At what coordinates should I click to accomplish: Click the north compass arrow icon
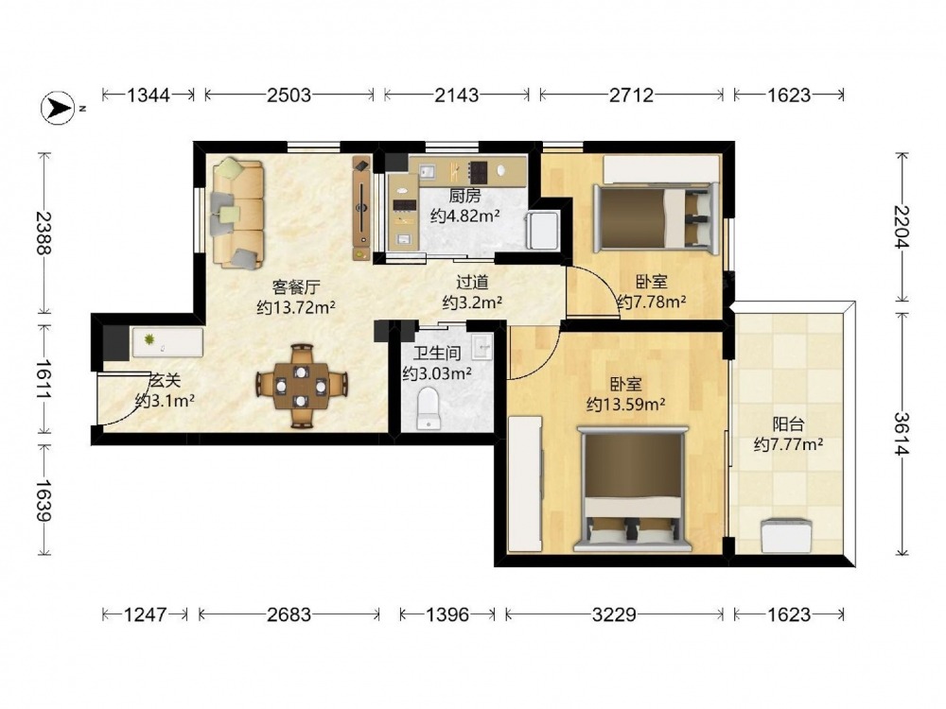(x=58, y=108)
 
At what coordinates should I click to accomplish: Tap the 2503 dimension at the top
(x=289, y=95)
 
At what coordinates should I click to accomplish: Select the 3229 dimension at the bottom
(x=614, y=614)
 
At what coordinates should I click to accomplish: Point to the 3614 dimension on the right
(x=902, y=434)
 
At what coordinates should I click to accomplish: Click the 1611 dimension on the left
(x=44, y=379)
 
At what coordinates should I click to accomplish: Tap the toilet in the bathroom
(x=429, y=408)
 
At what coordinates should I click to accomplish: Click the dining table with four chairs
(x=301, y=386)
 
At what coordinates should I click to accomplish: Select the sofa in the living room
(x=237, y=213)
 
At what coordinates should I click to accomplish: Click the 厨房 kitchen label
(x=464, y=196)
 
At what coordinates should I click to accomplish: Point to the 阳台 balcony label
(x=788, y=424)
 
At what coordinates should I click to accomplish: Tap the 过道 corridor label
(x=472, y=282)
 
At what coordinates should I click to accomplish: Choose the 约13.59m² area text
(x=625, y=404)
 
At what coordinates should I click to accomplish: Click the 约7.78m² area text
(x=651, y=302)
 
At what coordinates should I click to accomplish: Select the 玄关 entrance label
(x=165, y=380)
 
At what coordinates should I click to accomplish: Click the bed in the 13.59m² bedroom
(x=632, y=489)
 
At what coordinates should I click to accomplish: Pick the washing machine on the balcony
(x=785, y=536)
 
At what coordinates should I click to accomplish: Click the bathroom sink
(x=482, y=345)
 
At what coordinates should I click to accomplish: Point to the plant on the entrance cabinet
(x=149, y=340)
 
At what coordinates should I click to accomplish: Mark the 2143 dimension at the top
(x=457, y=95)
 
